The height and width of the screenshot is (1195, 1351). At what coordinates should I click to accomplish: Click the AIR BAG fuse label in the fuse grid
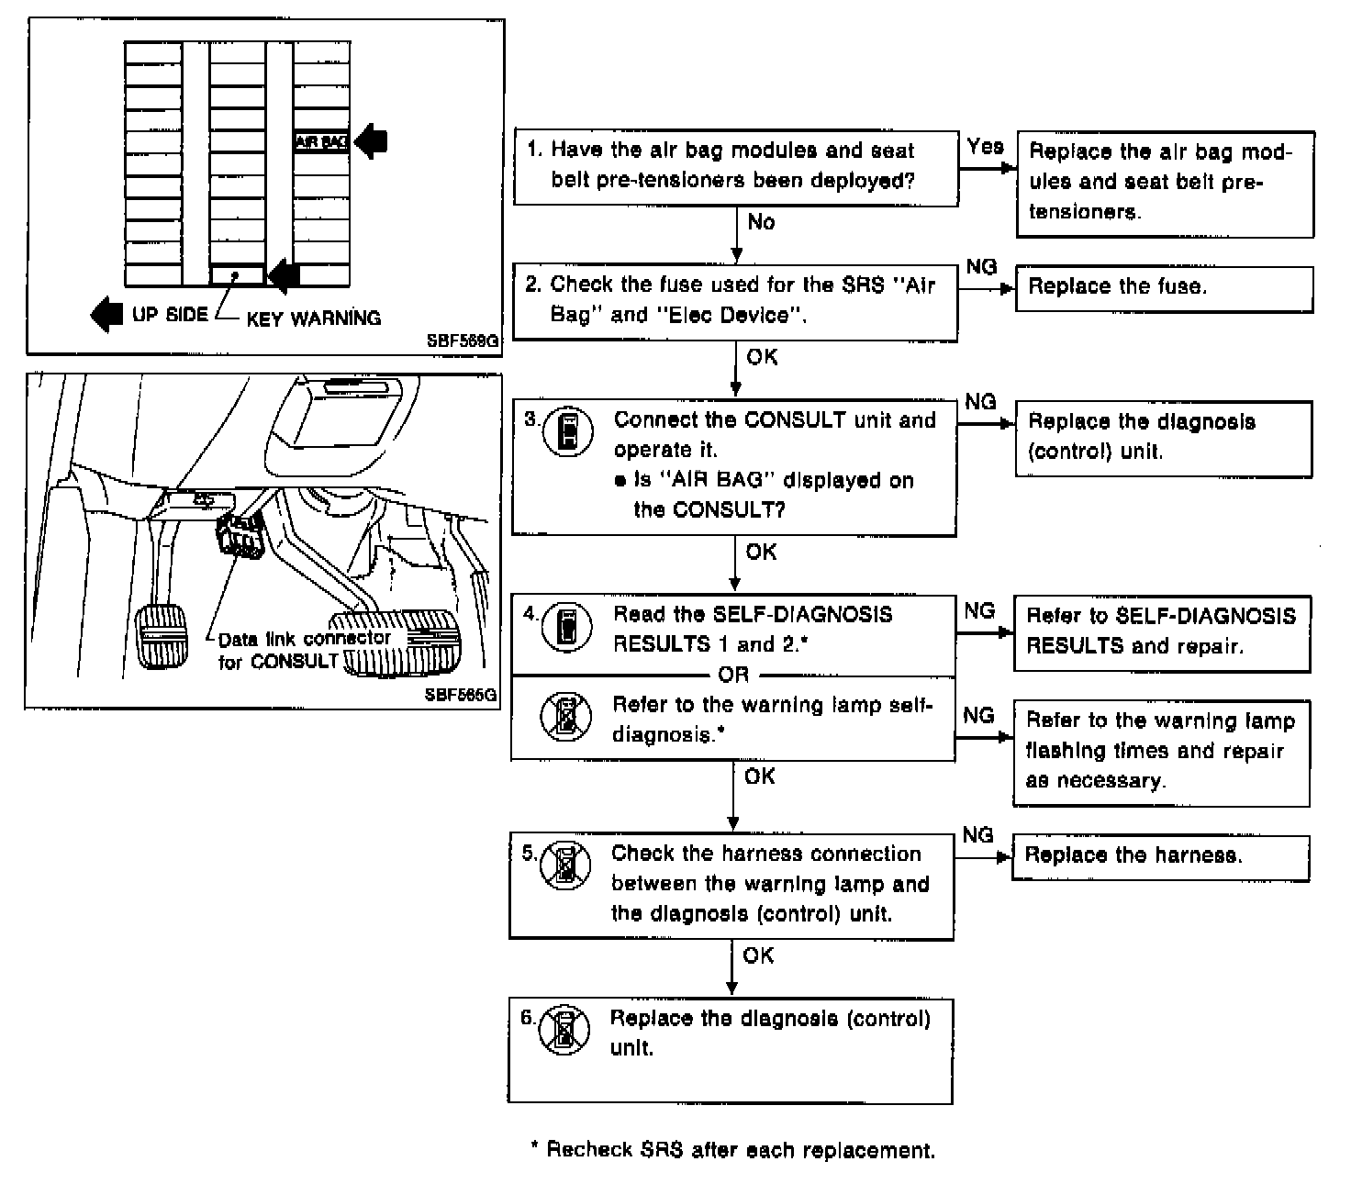[x=320, y=141]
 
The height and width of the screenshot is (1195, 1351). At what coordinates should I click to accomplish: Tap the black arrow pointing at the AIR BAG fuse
[x=372, y=141]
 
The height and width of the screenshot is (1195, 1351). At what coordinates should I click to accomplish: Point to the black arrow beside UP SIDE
[x=106, y=314]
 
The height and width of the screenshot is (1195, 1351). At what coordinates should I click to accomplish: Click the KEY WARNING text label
[x=313, y=318]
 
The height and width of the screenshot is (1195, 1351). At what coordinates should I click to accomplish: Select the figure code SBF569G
[x=463, y=341]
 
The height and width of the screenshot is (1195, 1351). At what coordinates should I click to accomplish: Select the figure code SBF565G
[x=461, y=695]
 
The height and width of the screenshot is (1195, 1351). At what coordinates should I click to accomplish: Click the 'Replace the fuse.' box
[x=1163, y=288]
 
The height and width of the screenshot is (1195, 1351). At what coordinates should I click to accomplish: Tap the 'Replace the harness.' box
[x=1160, y=856]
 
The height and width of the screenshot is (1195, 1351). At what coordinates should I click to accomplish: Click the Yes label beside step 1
[x=985, y=146]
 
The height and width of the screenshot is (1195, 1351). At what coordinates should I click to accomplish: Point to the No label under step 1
[x=761, y=222]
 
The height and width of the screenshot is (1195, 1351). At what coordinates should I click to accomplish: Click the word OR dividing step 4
[x=733, y=675]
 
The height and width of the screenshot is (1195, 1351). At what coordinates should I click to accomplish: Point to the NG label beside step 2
[x=981, y=266]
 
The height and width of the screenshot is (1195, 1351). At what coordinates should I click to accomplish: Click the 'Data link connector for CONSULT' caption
[x=304, y=649]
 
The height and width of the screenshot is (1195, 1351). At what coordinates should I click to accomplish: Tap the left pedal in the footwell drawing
[x=162, y=634]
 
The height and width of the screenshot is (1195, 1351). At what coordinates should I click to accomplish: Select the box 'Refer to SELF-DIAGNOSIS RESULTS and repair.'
[x=1161, y=632]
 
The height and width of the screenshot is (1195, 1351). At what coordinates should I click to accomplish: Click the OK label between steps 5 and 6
[x=758, y=955]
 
